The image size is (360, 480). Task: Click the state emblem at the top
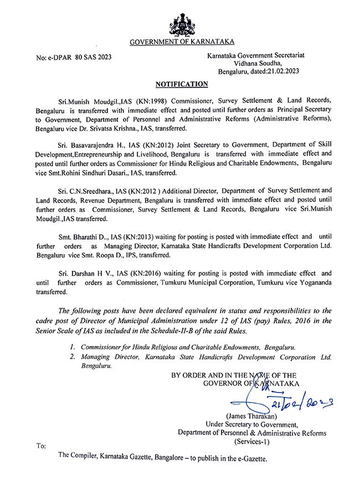(181, 22)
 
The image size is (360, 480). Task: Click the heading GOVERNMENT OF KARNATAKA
(182, 42)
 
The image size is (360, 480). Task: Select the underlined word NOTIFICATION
(181, 84)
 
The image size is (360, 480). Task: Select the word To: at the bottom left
(41, 446)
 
